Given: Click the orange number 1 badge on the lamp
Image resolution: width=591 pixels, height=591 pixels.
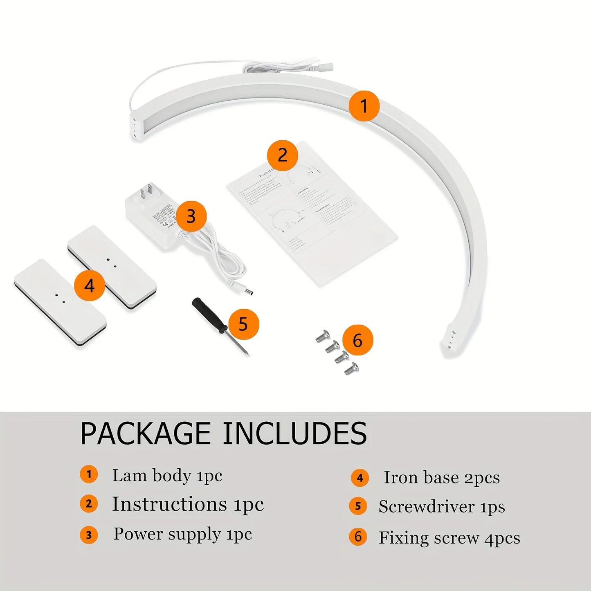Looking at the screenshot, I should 364,106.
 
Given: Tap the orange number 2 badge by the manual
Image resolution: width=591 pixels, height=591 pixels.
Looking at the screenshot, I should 282,155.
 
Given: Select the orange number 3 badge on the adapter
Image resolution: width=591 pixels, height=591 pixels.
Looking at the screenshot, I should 191,216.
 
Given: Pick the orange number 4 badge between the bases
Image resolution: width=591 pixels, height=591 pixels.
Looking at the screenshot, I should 90,285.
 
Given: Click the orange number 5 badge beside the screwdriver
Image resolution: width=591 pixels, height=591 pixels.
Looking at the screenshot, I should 243,324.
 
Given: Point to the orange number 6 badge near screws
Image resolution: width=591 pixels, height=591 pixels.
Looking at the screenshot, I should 357,340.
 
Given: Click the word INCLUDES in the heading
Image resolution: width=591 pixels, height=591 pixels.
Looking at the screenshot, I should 294,434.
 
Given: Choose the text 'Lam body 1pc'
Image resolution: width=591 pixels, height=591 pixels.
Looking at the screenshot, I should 167,476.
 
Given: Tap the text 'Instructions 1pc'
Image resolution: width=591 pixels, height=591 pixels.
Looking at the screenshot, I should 188,504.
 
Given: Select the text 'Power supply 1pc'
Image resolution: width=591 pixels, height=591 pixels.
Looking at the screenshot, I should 182,534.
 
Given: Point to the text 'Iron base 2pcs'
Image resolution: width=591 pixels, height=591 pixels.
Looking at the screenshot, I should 442,477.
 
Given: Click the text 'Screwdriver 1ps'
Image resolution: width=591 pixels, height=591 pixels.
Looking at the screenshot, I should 442,507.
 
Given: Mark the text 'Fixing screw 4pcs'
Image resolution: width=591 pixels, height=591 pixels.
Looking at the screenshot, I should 449,537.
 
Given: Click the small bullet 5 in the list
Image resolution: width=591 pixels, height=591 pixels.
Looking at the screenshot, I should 358,506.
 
